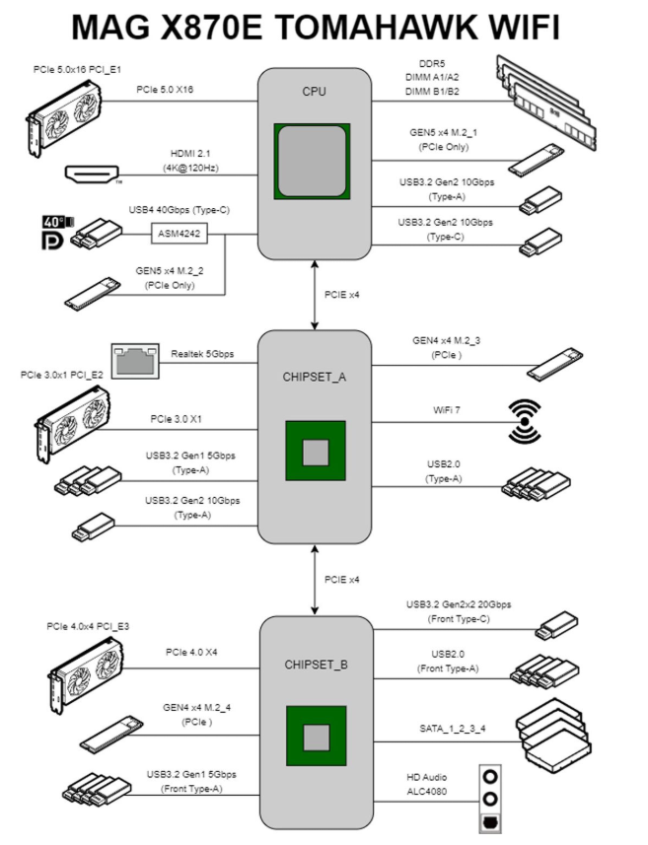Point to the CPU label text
314,92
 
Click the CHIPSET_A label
314,376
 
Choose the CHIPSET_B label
314,664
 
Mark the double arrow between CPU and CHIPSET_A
314,294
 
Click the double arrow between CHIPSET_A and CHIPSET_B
314,579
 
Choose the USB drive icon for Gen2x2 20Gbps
555,625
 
